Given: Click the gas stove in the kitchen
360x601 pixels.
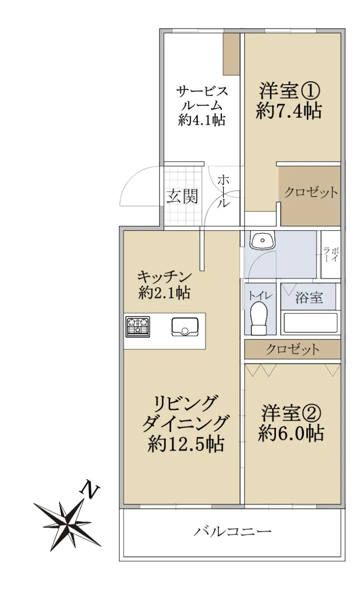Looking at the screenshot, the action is click(138, 327).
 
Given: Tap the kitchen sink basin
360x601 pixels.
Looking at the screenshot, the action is click(185, 327).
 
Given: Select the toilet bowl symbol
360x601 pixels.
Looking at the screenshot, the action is click(259, 318).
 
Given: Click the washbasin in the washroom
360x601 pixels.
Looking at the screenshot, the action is click(263, 241).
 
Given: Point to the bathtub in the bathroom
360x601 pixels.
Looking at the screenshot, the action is click(310, 323).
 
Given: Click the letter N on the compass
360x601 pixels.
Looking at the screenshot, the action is click(90, 491).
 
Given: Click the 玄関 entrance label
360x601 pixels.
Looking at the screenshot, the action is click(182, 196).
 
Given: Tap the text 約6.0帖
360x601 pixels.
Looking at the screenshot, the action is click(291, 433).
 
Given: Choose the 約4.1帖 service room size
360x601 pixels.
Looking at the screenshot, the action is click(202, 120).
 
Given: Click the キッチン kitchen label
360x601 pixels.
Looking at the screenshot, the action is click(164, 277).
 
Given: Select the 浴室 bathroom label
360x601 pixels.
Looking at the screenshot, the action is click(309, 298).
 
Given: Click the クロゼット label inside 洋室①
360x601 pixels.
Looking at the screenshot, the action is click(311, 192).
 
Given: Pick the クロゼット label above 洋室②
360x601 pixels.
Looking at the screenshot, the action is click(293, 350).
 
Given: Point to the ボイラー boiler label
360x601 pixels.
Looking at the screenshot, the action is click(331, 255).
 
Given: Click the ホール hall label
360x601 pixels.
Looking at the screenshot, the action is click(223, 191).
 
